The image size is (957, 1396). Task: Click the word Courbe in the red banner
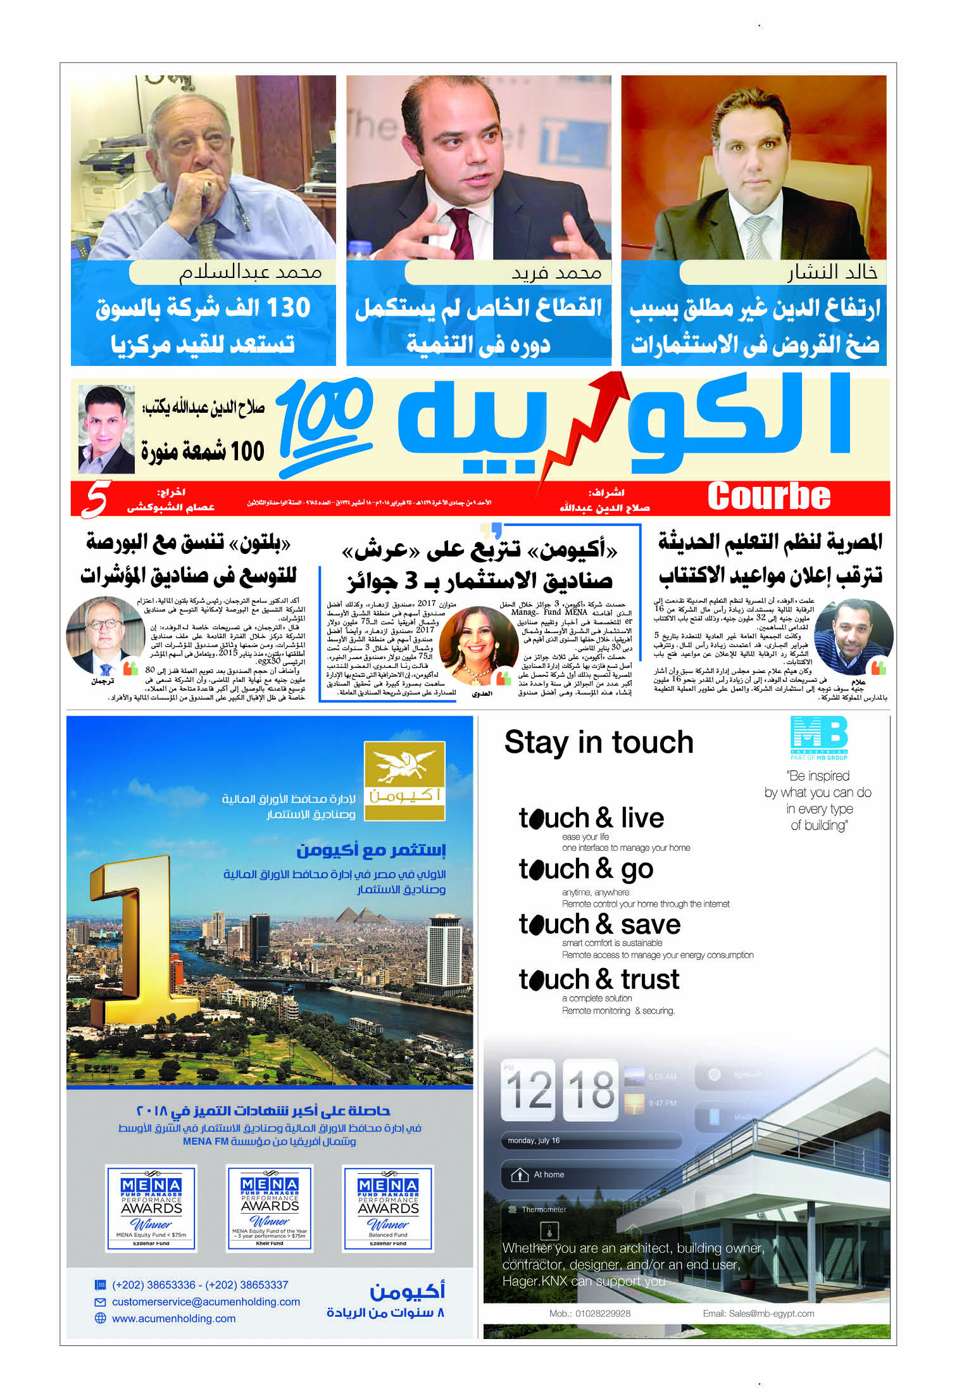click(768, 496)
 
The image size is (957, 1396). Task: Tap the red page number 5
click(96, 499)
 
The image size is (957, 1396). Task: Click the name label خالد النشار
click(832, 272)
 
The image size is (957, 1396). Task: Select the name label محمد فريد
click(556, 273)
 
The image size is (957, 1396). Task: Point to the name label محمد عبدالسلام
click(251, 273)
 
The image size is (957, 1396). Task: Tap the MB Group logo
click(819, 737)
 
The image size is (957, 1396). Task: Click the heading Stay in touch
click(598, 742)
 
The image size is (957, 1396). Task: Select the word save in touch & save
click(650, 925)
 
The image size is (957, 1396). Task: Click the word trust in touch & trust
click(649, 979)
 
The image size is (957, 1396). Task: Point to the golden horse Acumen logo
click(404, 781)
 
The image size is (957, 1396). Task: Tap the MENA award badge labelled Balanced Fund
click(388, 1208)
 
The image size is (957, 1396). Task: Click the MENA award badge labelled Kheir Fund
click(270, 1208)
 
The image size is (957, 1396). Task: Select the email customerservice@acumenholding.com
click(206, 1302)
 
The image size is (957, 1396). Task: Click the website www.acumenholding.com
click(173, 1318)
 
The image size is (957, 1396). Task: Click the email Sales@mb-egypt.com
click(771, 1313)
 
